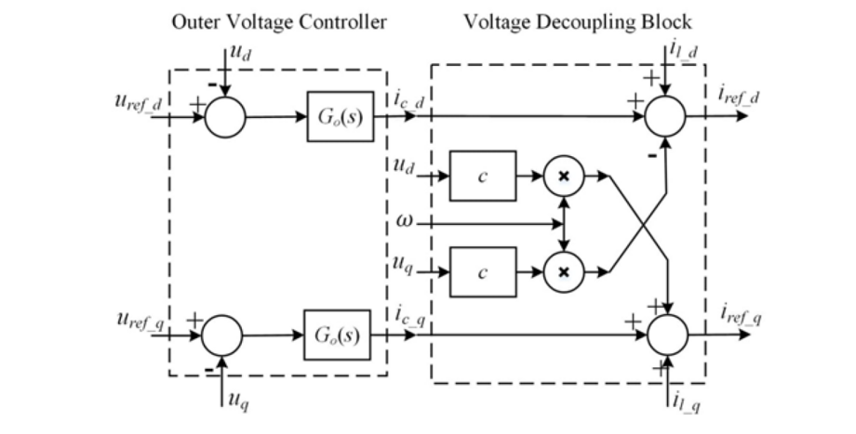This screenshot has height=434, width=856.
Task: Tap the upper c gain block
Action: (x=482, y=175)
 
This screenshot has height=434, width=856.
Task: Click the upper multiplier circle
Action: (x=563, y=175)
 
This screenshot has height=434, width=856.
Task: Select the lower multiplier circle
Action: (x=563, y=271)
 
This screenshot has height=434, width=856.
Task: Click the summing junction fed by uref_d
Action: (x=224, y=118)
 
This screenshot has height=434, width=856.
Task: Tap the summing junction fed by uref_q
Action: (x=222, y=334)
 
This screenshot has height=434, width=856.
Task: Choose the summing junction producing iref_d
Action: (x=665, y=118)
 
